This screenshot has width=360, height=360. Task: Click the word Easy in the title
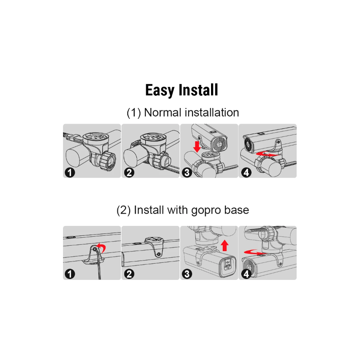pos(160,90)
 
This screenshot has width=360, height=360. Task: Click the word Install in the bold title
pos(198,90)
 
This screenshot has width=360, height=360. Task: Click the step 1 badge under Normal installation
pos(70,172)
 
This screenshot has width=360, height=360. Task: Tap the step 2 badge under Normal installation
pos(129,172)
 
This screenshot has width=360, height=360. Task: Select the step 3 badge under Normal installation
pos(188,172)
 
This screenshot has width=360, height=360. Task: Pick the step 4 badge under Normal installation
pos(246,172)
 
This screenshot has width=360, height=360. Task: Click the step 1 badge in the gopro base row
pos(70,274)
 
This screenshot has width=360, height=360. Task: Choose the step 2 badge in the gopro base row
pos(129,274)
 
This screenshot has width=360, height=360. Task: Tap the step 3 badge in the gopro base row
pos(188,274)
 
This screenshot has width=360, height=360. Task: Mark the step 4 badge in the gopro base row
pos(246,274)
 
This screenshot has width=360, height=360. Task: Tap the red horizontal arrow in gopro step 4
pos(253,252)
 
